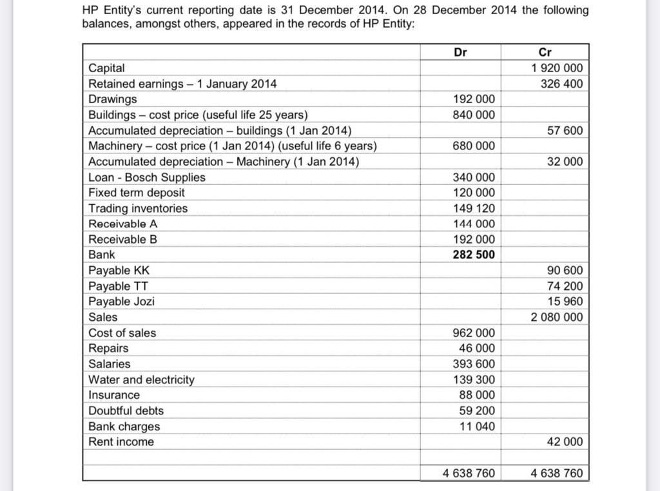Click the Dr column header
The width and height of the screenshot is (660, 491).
[x=460, y=52]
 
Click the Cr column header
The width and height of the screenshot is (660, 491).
[x=545, y=52]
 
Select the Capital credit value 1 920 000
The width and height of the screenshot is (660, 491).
[x=557, y=68]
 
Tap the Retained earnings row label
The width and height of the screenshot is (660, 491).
[x=182, y=84]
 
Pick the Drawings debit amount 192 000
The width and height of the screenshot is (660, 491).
[x=474, y=99]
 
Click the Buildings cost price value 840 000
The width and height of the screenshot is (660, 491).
[x=474, y=115]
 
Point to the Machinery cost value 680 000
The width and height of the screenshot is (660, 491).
[x=474, y=146]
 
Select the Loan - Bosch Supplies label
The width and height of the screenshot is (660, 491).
[x=147, y=177]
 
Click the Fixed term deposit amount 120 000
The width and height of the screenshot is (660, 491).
[x=474, y=193]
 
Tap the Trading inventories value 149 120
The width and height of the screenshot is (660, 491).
[x=474, y=208]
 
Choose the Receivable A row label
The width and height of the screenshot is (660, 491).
[x=122, y=224]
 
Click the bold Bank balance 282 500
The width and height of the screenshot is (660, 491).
[x=474, y=255]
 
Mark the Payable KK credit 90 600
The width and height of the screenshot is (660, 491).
[x=564, y=271]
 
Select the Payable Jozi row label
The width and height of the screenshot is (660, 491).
[x=121, y=302]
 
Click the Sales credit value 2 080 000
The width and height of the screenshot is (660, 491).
[x=557, y=317]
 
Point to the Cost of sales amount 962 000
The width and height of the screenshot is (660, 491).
[x=474, y=333]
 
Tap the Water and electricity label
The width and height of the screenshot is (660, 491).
[x=141, y=380]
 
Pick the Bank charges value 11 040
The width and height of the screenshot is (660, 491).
[x=477, y=426]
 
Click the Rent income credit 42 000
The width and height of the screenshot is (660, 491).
[x=564, y=441]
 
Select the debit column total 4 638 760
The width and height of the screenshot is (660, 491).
[x=469, y=473]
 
